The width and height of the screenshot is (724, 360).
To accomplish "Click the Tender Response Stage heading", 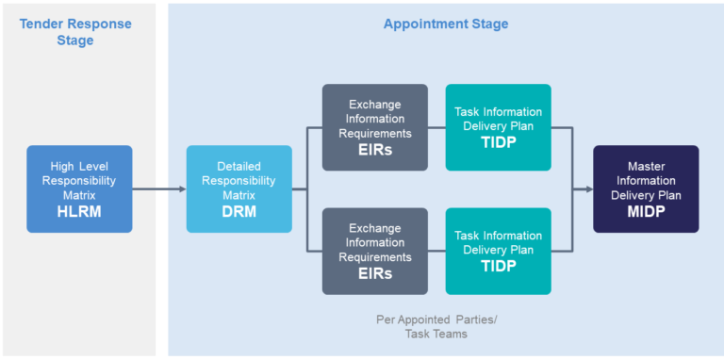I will pos(77,32).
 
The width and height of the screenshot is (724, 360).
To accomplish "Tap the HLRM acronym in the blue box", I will pos(79,213).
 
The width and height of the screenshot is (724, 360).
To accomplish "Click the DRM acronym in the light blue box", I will pos(239,213).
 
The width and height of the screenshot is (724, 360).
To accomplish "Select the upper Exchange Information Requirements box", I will pos(374,127).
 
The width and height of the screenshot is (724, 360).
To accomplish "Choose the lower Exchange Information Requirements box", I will pos(374,251).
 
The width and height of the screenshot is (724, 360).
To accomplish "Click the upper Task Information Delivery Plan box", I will pos(498,127).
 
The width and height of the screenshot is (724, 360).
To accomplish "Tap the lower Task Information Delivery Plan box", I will pos(498,251).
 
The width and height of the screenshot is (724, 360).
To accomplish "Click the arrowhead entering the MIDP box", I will pos(587,189).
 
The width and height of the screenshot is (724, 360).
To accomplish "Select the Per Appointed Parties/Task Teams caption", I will pos(436,326).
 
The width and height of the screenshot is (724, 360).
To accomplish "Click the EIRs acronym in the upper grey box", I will pos(374,151).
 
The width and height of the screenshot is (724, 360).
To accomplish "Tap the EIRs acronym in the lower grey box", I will pos(374,274).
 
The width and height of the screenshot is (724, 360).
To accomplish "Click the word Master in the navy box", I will pos(646,166).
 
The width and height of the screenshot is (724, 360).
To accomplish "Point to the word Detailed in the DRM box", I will pos(239,166).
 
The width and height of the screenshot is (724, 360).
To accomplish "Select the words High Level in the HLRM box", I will pos(79,166).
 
